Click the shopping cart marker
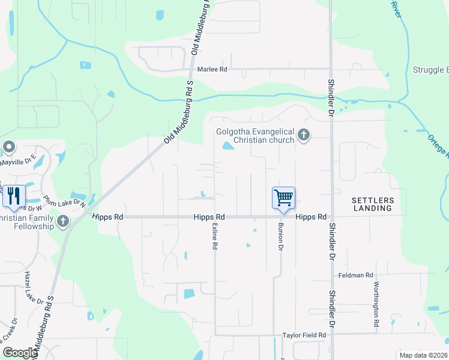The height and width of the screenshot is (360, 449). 283,197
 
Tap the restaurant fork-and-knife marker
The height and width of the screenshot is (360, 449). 14,196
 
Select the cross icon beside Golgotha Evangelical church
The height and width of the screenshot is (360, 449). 304,134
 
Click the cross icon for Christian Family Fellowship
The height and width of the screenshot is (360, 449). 63,223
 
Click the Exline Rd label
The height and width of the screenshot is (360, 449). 214,237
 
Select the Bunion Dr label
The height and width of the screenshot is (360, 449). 280,237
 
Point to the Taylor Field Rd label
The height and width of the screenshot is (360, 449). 304,335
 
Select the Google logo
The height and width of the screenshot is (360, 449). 20,353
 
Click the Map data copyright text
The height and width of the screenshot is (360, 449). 423,355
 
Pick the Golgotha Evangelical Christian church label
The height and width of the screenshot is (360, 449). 256,136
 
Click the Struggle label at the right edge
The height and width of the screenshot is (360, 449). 430,70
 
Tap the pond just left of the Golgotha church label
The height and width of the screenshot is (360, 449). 228,145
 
